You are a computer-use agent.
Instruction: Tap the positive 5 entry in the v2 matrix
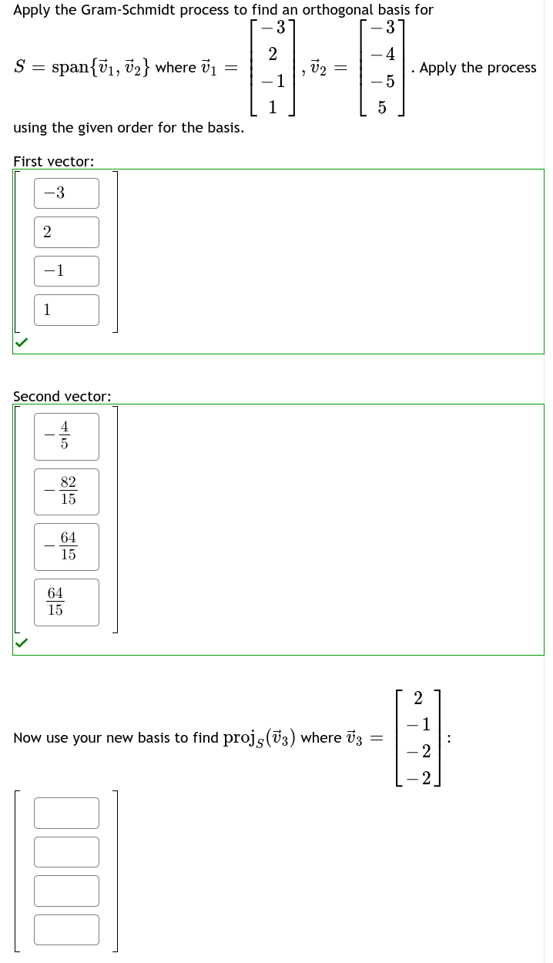point(381,108)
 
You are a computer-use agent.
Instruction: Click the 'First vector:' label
point(54,161)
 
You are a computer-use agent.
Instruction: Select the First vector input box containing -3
point(66,193)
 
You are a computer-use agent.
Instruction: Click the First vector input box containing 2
point(66,232)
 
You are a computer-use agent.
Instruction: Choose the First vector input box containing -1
point(66,271)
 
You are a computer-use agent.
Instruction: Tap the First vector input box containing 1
point(66,310)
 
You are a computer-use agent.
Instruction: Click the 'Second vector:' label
point(62,396)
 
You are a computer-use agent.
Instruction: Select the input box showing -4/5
point(66,437)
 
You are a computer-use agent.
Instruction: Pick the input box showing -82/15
point(66,492)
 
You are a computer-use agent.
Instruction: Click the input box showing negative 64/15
point(66,547)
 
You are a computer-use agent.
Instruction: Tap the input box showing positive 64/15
point(66,602)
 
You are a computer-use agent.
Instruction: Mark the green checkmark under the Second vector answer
point(21,643)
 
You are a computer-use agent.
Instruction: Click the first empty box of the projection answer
point(66,813)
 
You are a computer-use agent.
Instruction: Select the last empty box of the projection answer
point(66,929)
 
